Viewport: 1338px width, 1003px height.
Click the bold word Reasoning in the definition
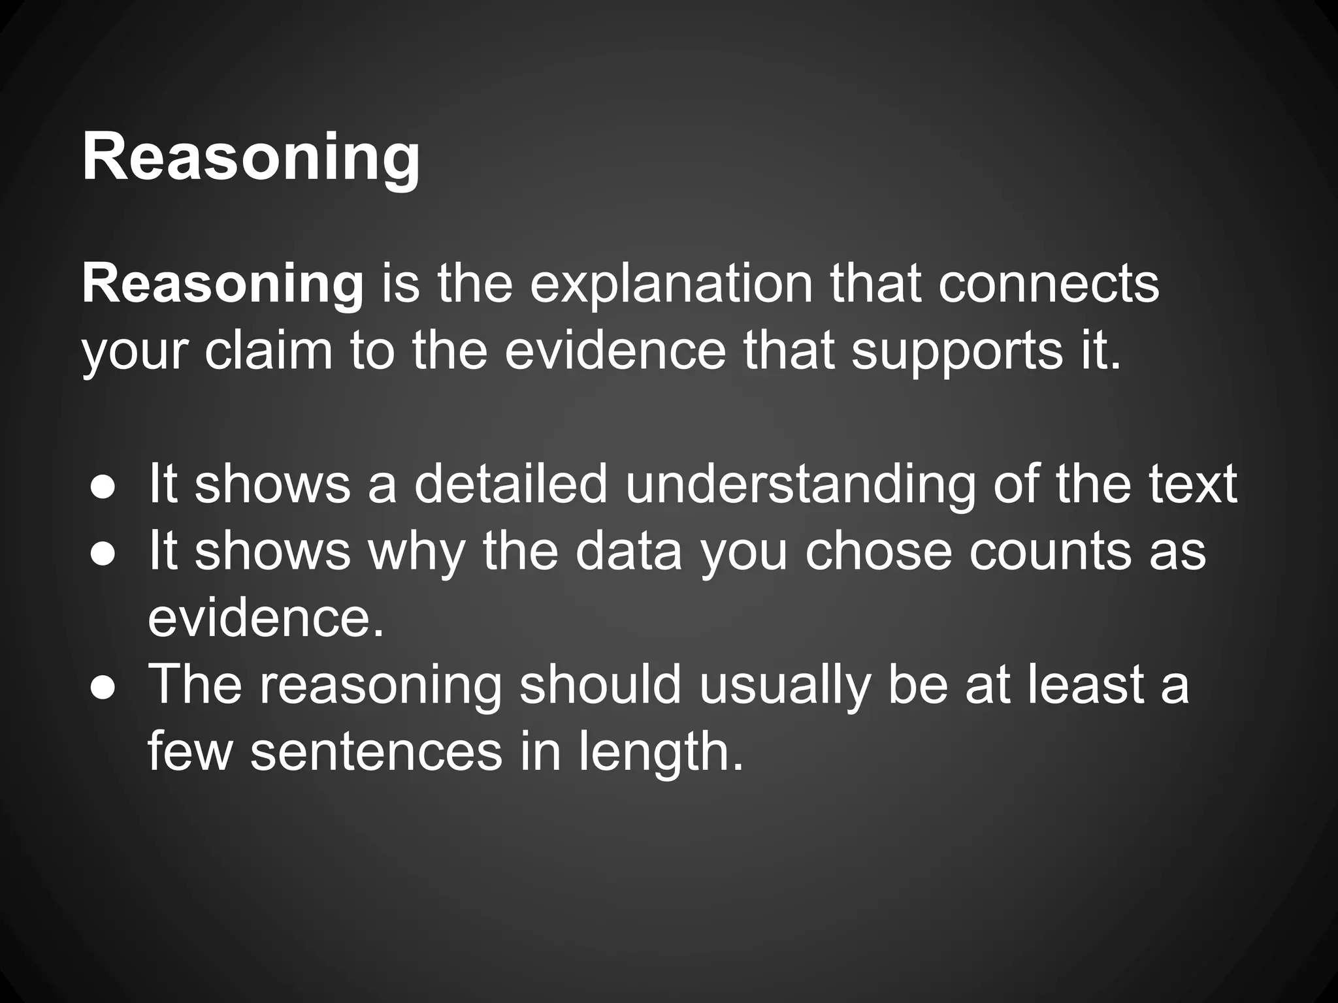pos(223,285)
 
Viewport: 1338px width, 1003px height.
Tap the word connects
pos(1049,285)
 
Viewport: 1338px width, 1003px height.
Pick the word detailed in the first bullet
pos(510,485)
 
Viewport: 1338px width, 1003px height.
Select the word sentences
pos(376,752)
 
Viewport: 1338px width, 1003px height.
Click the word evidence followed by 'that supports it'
pos(615,351)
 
